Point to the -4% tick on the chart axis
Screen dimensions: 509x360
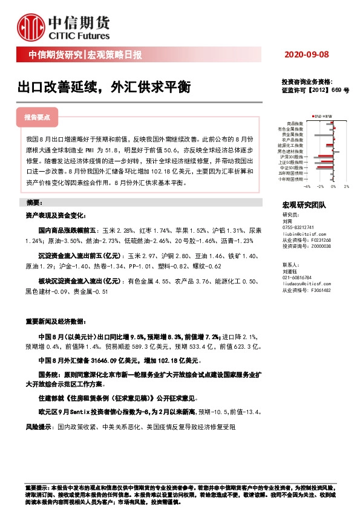click(306, 187)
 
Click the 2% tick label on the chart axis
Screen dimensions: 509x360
click(346, 187)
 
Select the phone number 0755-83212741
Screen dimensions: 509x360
click(298, 227)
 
